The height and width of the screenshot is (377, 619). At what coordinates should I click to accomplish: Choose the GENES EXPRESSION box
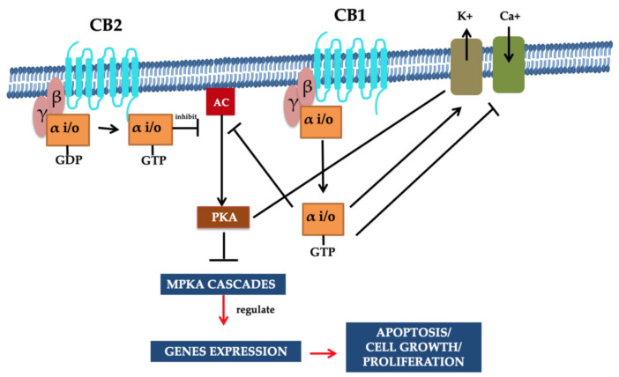(224, 351)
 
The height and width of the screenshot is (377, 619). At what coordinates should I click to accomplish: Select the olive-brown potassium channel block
(464, 65)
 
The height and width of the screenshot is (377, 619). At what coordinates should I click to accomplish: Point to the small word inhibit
(186, 116)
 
